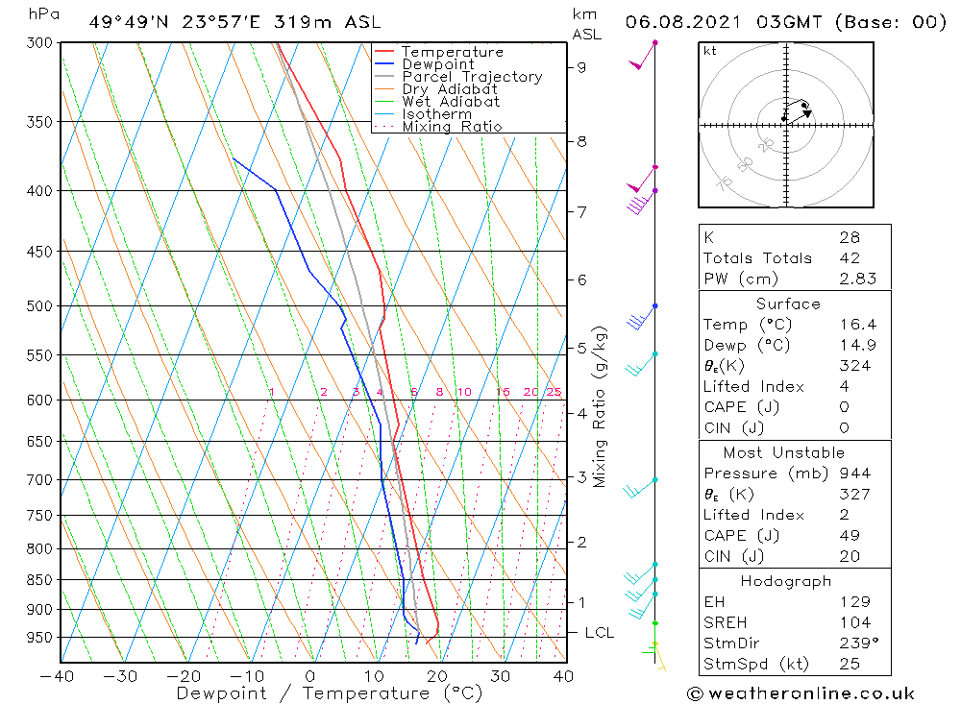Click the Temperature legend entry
point(452,52)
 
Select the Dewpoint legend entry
point(437,64)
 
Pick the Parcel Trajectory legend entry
point(472,77)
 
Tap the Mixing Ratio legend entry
point(452,127)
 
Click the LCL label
point(599,633)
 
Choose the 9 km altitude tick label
point(582,67)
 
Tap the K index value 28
point(849,237)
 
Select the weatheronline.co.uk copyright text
point(801,693)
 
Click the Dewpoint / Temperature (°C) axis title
point(316,693)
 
